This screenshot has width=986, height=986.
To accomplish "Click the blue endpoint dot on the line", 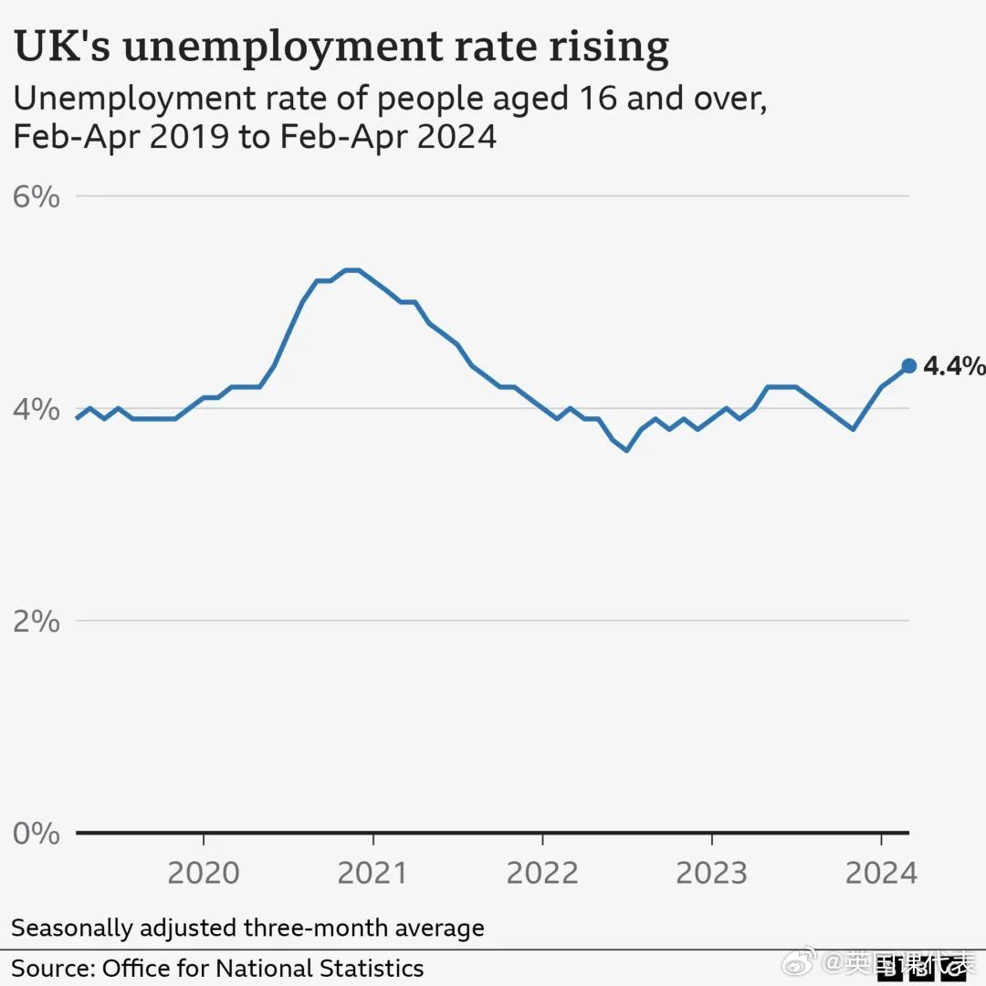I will (x=908, y=366).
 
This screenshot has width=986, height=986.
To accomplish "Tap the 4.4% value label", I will (x=954, y=367).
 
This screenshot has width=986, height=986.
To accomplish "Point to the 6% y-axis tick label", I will (x=37, y=196).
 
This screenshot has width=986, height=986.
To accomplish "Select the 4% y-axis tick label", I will (x=37, y=408).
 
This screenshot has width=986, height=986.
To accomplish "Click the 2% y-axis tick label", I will (x=37, y=621).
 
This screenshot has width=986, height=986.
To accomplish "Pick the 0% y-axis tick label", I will (x=37, y=833).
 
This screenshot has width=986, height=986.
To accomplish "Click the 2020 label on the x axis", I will (x=204, y=873).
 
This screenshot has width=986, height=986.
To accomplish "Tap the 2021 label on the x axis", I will (x=372, y=873).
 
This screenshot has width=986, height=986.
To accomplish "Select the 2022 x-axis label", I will (x=542, y=873).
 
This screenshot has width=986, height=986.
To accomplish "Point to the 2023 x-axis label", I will (x=711, y=873).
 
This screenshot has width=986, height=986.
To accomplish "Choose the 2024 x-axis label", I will (x=880, y=873).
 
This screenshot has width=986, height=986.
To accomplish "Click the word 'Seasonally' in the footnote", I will (x=70, y=928).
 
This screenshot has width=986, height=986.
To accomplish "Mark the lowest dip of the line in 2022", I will (x=626, y=450).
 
